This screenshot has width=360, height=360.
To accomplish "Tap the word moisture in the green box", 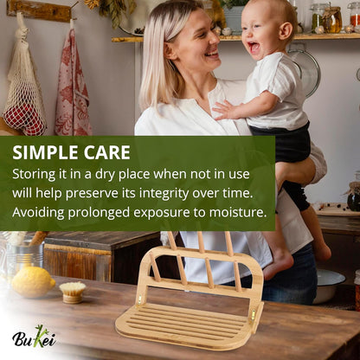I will [x=234, y=212].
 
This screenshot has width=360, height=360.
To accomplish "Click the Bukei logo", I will [x=35, y=337].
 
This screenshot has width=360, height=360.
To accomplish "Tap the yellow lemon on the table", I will [x=33, y=280].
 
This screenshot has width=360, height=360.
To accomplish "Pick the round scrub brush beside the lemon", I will [x=73, y=291].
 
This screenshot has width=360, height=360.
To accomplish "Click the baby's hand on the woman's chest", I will [x=224, y=110].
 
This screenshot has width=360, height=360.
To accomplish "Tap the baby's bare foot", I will [x=279, y=264].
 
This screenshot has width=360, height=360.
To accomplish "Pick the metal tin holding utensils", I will [x=22, y=254].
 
